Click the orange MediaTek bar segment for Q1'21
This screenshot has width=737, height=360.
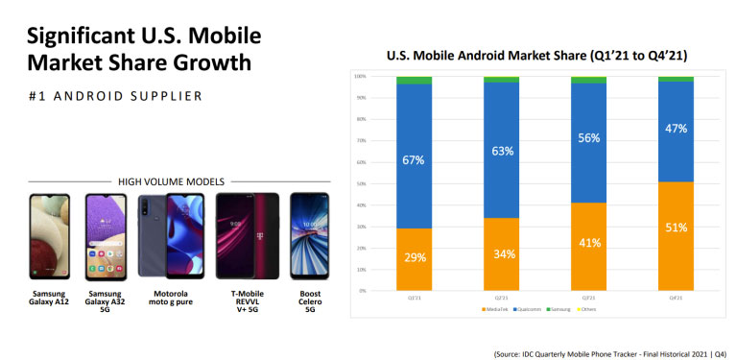(414, 258)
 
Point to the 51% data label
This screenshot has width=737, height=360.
(676, 228)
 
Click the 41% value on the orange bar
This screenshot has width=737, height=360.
(588, 244)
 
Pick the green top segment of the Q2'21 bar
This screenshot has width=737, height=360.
(501, 80)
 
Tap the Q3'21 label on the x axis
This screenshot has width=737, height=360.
(588, 299)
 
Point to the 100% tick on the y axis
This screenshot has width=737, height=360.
(360, 76)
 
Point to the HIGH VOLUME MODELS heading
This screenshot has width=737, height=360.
(171, 180)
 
